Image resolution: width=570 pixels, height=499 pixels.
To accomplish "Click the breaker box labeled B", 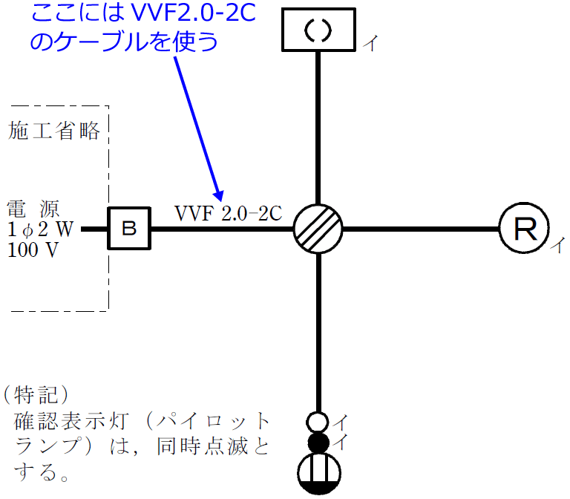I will click(129, 229).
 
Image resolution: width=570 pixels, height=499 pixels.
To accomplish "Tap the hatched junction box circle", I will click(318, 229).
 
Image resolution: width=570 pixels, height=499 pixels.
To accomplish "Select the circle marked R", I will click(524, 229).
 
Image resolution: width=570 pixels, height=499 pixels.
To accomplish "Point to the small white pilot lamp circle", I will click(318, 423).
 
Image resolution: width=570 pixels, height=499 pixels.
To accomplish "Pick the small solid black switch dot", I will click(318, 443).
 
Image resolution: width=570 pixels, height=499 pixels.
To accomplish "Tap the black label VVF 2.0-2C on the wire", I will click(229, 213).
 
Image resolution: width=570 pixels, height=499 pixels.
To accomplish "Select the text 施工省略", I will click(54, 131).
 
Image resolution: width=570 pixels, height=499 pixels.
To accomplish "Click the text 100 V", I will click(33, 250).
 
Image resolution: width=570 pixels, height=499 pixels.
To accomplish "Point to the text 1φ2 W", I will click(40, 229).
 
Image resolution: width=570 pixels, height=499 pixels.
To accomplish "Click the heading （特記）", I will click(36, 391).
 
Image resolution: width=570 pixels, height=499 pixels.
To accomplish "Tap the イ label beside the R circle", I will click(557, 245).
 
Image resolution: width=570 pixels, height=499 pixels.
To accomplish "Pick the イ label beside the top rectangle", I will click(370, 45).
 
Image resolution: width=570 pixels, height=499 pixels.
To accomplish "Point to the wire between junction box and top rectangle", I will click(318, 126).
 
